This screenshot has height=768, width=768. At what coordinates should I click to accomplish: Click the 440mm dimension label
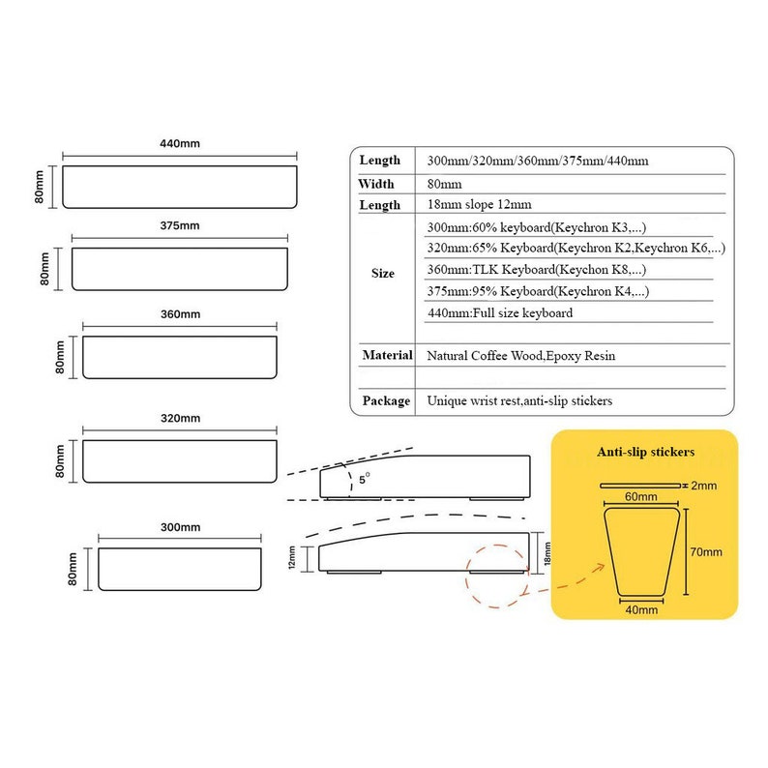[180, 143]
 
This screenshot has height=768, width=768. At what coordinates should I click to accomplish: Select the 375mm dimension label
[180, 225]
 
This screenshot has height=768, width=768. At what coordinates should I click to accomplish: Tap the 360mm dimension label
[180, 314]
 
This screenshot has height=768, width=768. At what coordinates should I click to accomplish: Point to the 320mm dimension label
[180, 418]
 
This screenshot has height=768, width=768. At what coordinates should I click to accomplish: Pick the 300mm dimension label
[180, 527]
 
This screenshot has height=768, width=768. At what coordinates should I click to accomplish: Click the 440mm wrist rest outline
[180, 186]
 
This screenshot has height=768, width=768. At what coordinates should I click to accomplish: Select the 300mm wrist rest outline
[180, 569]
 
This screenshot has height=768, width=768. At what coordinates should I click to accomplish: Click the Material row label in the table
[387, 356]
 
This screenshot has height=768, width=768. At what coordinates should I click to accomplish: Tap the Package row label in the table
[387, 400]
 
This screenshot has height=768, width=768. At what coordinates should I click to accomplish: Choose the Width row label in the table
[376, 184]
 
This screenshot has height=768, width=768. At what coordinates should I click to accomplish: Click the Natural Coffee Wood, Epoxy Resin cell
[520, 356]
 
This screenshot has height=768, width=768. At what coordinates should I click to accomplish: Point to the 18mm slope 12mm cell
[479, 205]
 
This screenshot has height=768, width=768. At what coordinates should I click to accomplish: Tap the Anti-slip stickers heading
[644, 451]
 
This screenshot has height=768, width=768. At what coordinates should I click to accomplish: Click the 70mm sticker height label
[706, 552]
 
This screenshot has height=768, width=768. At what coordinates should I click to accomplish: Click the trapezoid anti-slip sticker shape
[642, 553]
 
